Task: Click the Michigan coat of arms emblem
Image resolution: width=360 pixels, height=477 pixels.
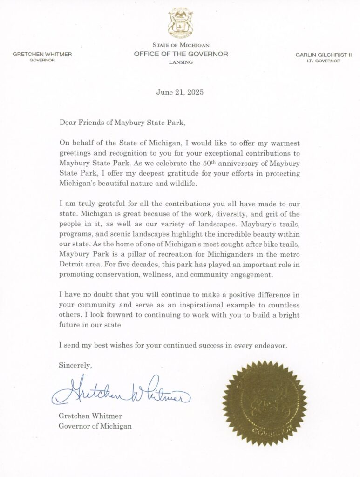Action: (180, 24)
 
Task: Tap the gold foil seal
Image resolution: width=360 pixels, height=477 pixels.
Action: (265, 403)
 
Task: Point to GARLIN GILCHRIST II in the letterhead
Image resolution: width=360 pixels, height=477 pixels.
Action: (324, 55)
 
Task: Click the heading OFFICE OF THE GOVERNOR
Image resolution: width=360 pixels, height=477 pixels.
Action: (181, 54)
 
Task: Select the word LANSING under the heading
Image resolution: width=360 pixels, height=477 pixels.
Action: (180, 61)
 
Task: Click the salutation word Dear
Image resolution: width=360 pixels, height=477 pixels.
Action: (67, 123)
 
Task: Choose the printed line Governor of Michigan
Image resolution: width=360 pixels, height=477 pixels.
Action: (95, 426)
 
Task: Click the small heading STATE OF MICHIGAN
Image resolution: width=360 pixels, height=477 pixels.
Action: (180, 45)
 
